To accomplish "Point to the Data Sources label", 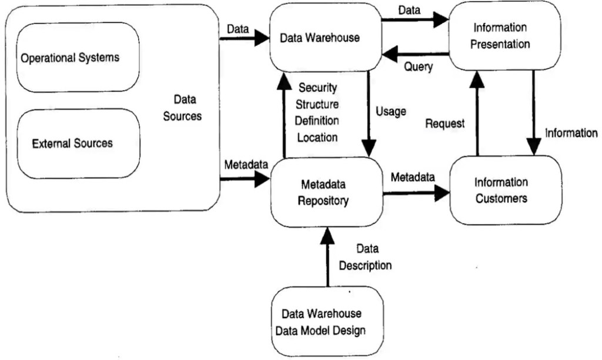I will click(183, 108).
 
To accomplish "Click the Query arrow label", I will click(418, 66).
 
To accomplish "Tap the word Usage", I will click(390, 111).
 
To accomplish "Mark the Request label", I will click(445, 124).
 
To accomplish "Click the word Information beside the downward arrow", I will click(571, 133).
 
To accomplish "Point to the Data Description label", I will click(365, 257).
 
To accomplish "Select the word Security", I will click(317, 88).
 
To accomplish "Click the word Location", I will click(317, 138).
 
